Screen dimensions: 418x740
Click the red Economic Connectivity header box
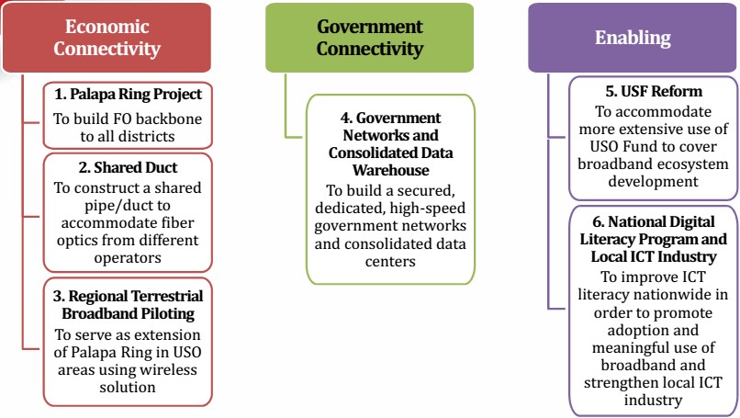click(107, 38)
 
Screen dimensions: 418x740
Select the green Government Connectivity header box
click(369, 38)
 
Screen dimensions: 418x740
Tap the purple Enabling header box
click(633, 38)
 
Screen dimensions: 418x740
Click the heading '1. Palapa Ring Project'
click(129, 95)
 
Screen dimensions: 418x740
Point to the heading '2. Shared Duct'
click(129, 168)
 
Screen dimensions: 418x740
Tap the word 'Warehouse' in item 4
click(390, 170)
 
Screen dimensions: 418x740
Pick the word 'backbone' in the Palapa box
click(170, 119)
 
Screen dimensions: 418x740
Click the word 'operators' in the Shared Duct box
click(129, 258)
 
